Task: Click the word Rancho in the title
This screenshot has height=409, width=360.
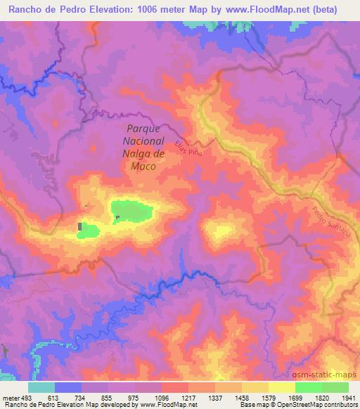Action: [22, 10]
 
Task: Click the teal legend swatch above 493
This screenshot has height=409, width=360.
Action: [41, 387]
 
